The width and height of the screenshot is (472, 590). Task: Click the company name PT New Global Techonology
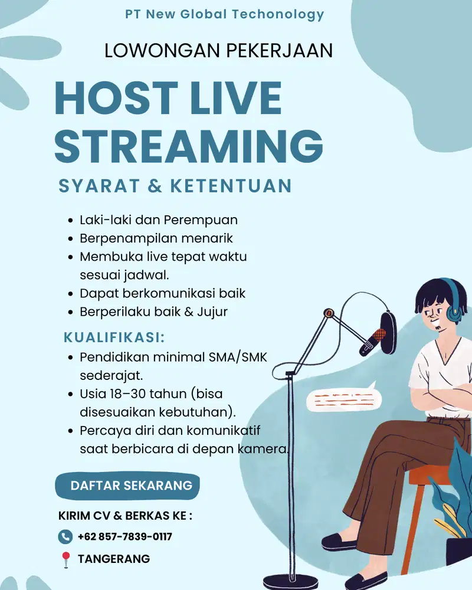[x=225, y=15]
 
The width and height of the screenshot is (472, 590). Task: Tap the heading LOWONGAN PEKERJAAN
[x=218, y=51]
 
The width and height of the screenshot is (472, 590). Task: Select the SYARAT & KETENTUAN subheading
[x=175, y=186]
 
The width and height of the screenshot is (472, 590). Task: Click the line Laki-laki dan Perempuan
[x=159, y=220]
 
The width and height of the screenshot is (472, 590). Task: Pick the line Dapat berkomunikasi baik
[x=162, y=293]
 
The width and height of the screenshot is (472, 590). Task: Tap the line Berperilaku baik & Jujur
[x=153, y=312]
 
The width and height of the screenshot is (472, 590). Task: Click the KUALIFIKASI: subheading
[x=113, y=338]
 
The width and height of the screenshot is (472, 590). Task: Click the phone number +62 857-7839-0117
[x=124, y=536]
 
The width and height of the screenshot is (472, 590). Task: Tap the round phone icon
[x=65, y=537]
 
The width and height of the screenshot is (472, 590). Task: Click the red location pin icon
[x=65, y=559]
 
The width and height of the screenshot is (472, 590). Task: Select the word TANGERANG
[x=114, y=559]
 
